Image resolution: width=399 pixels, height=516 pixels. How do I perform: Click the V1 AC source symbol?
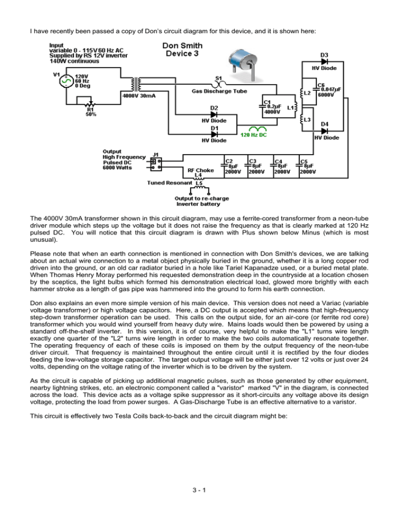point(65,82)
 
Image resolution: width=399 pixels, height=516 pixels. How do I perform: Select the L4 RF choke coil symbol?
point(198,180)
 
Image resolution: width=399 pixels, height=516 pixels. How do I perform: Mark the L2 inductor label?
point(307,93)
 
